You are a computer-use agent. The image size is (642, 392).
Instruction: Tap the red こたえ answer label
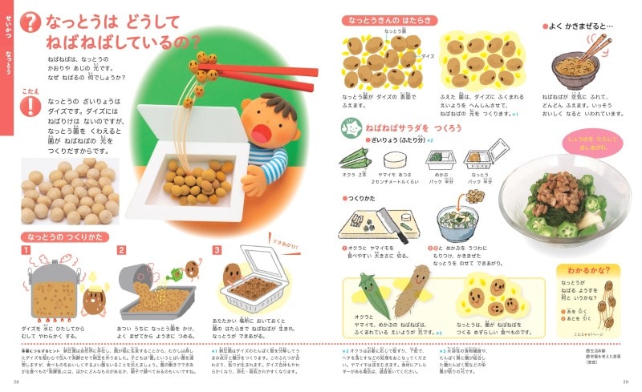30,91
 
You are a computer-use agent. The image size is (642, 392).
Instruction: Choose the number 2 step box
122,250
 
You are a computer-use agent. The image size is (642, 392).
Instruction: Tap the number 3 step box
217,250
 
